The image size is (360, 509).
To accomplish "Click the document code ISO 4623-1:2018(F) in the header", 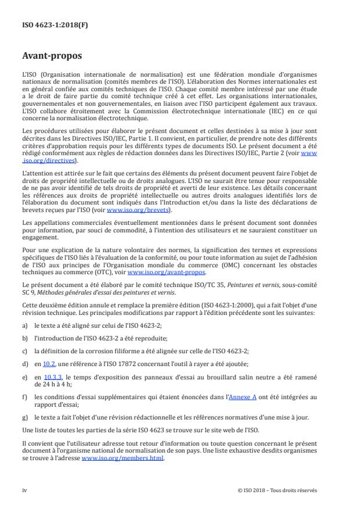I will [x=48, y=26].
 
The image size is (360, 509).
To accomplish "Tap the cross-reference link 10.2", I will [x=49, y=363].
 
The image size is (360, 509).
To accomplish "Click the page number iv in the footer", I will [x=24, y=490].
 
